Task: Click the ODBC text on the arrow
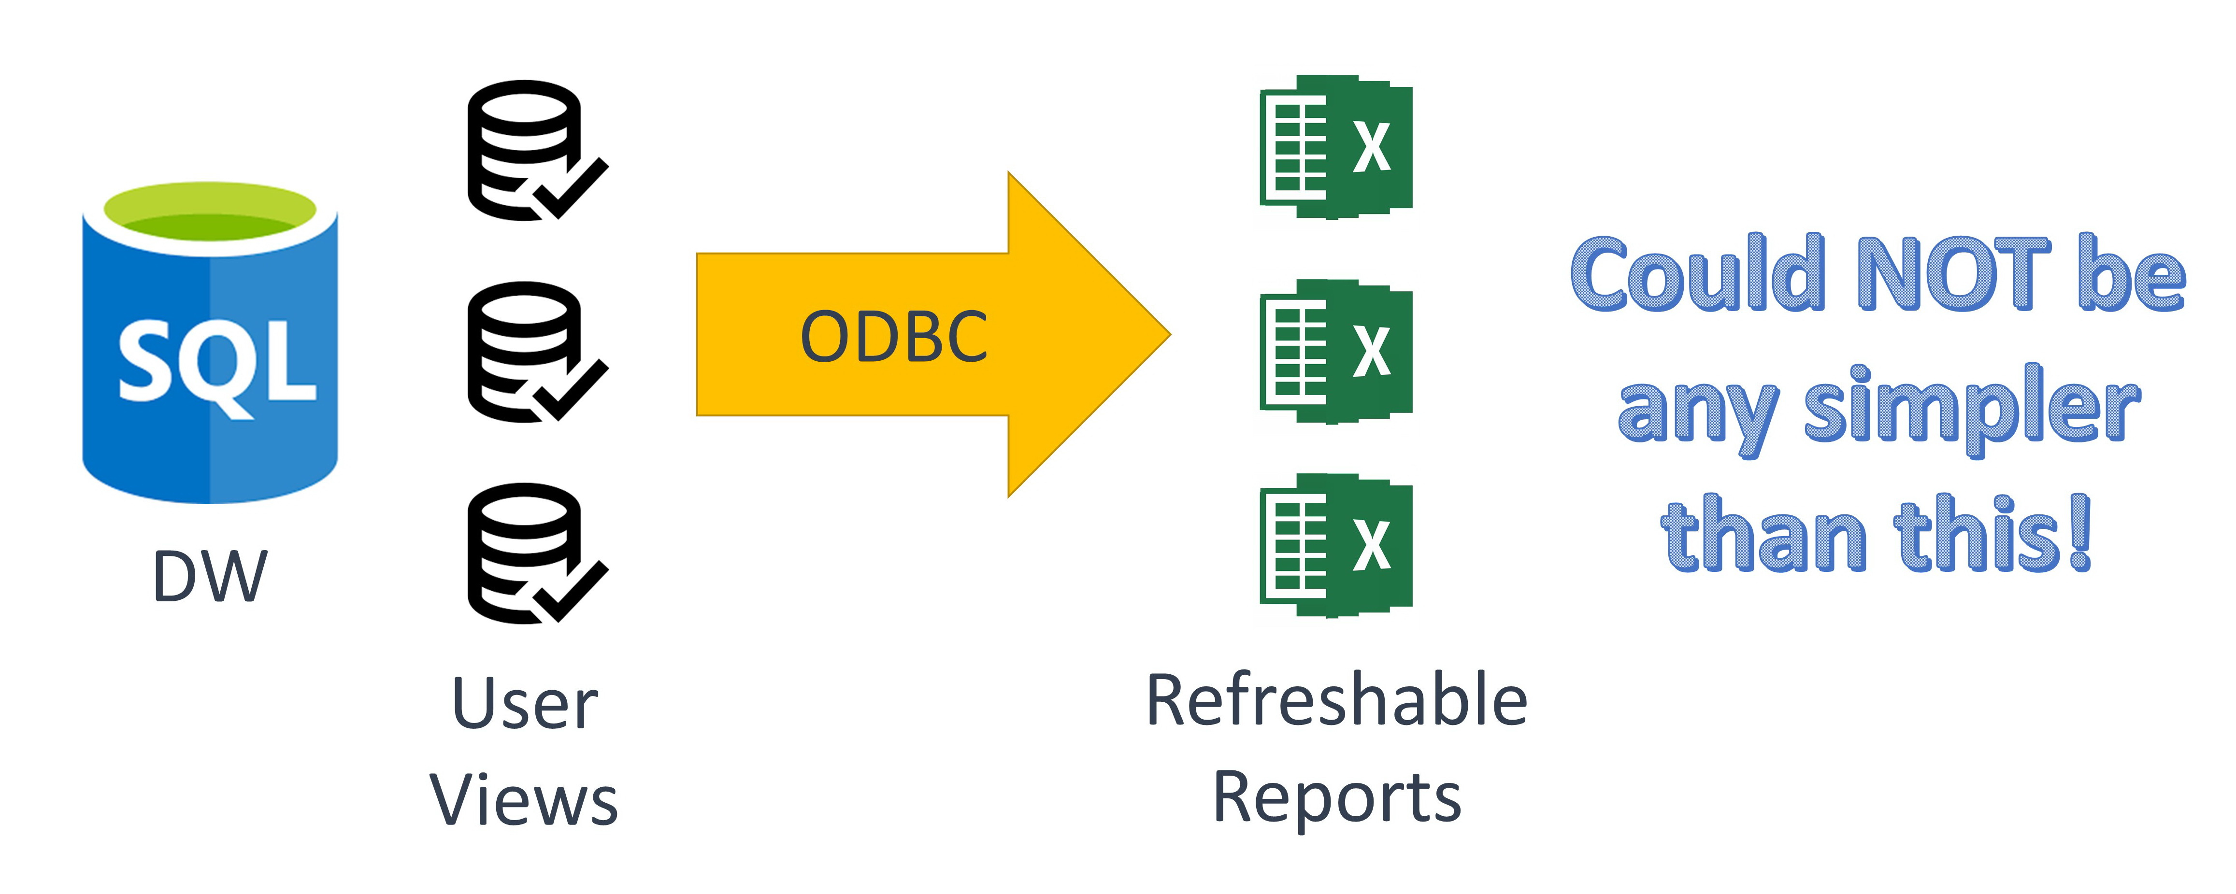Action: [893, 337]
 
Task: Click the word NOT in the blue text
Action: [1953, 273]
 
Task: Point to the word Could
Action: [1697, 273]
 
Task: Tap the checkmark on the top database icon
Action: [573, 189]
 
